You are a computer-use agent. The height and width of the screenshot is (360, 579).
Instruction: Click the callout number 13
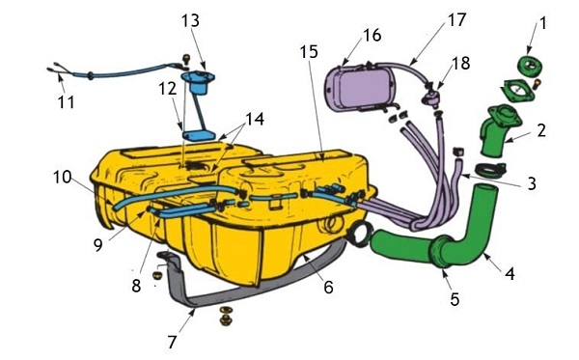pyautogui.click(x=190, y=20)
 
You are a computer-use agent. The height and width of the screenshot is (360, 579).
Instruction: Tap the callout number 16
pyautogui.click(x=372, y=35)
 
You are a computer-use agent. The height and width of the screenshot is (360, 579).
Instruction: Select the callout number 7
pyautogui.click(x=172, y=343)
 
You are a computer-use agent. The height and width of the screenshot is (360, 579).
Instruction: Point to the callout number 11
pyautogui.click(x=67, y=102)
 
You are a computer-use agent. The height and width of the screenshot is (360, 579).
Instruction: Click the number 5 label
pyautogui.click(x=455, y=299)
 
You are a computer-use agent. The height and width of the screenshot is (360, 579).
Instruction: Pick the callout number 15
pyautogui.click(x=309, y=52)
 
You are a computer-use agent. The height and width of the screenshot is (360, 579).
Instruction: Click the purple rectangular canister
pyautogui.click(x=358, y=88)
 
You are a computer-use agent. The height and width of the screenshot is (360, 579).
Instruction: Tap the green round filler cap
pyautogui.click(x=531, y=67)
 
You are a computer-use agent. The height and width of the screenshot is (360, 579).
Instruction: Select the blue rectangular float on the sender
pyautogui.click(x=200, y=135)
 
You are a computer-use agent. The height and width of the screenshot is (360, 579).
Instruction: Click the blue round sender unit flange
pyautogui.click(x=198, y=76)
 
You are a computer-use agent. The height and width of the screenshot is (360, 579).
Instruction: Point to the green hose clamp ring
pyautogui.click(x=489, y=170)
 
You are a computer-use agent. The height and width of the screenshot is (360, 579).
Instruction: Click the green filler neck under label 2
pyautogui.click(x=499, y=129)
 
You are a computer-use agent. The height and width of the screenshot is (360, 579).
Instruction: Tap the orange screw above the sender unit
pyautogui.click(x=187, y=58)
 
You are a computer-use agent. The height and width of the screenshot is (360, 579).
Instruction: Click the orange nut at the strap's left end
pyautogui.click(x=157, y=275)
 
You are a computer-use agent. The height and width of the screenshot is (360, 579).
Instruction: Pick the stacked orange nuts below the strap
pyautogui.click(x=225, y=316)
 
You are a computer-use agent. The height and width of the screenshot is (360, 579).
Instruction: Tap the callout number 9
pyautogui.click(x=97, y=245)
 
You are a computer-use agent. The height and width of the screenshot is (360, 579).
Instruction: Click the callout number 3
pyautogui.click(x=532, y=183)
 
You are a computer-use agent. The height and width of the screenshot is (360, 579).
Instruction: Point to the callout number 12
pyautogui.click(x=168, y=89)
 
